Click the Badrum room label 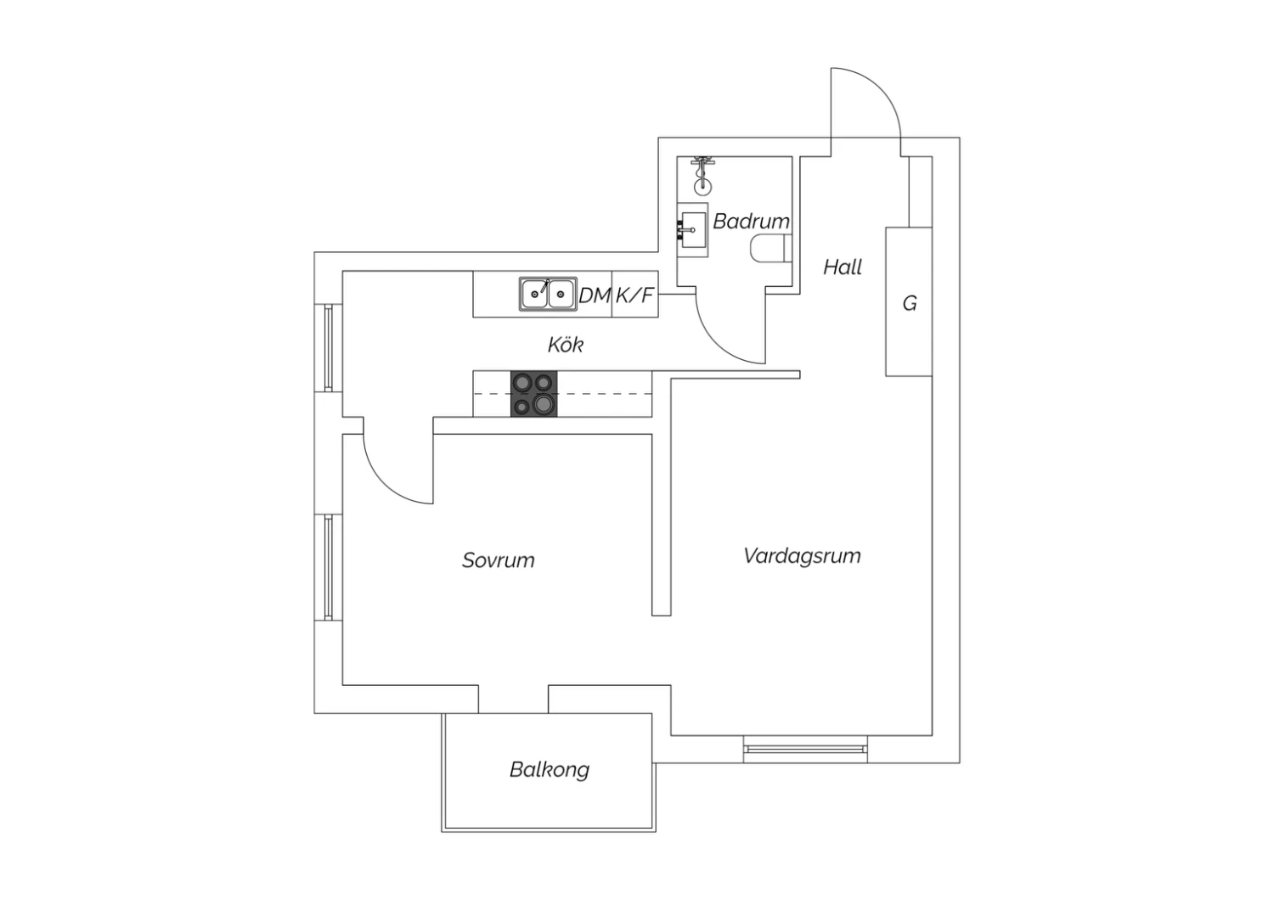(751, 221)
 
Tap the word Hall (843, 267)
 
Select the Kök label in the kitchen (566, 345)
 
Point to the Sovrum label (499, 560)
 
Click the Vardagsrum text (802, 556)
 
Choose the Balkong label (550, 770)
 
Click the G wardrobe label (910, 303)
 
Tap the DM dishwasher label (595, 295)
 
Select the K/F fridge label (634, 295)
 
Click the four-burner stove (533, 393)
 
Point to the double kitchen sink (548, 294)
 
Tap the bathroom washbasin (693, 230)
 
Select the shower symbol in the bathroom (703, 176)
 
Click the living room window (805, 750)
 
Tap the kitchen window (328, 348)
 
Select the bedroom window (328, 567)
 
